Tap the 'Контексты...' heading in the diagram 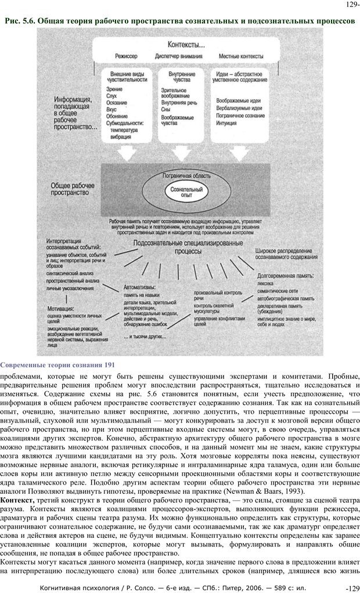(186, 44)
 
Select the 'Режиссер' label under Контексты (126, 56)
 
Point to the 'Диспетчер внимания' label (179, 56)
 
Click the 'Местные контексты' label (241, 56)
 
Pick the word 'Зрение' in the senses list (114, 89)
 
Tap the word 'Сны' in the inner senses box (167, 109)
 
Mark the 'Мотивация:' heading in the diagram (60, 309)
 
